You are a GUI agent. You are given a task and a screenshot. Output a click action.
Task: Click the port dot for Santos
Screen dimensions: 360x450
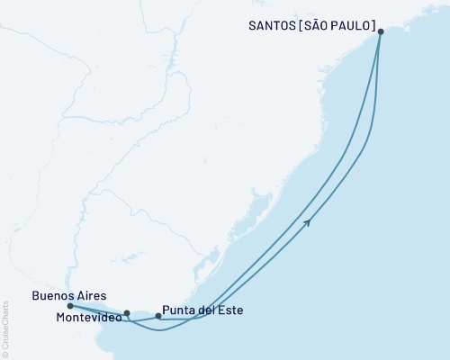tap(381, 31)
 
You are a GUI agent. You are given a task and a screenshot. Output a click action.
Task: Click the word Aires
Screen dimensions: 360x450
tap(92, 294)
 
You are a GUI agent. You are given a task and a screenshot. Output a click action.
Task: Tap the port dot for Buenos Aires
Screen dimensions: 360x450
tap(70, 306)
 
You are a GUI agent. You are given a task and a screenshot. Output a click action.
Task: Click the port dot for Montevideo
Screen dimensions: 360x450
tap(127, 314)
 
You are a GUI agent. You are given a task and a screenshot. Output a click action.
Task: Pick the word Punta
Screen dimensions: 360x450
tap(179, 310)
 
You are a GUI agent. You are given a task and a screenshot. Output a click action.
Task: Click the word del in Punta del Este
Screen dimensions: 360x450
tap(207, 310)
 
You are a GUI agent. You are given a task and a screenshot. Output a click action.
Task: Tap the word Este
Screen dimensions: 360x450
tap(229, 310)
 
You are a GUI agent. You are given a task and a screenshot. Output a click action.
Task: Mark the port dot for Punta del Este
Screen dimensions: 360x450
tap(158, 316)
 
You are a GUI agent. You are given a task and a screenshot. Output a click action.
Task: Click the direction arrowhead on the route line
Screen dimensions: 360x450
tap(309, 221)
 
